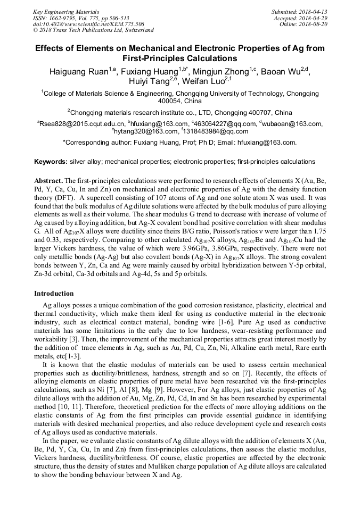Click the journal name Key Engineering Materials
65,11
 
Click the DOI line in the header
88,24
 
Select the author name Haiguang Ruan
78,72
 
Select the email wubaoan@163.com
292,124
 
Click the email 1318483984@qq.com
209,131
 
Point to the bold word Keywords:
51,161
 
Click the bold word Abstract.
48,180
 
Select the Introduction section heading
54,294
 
